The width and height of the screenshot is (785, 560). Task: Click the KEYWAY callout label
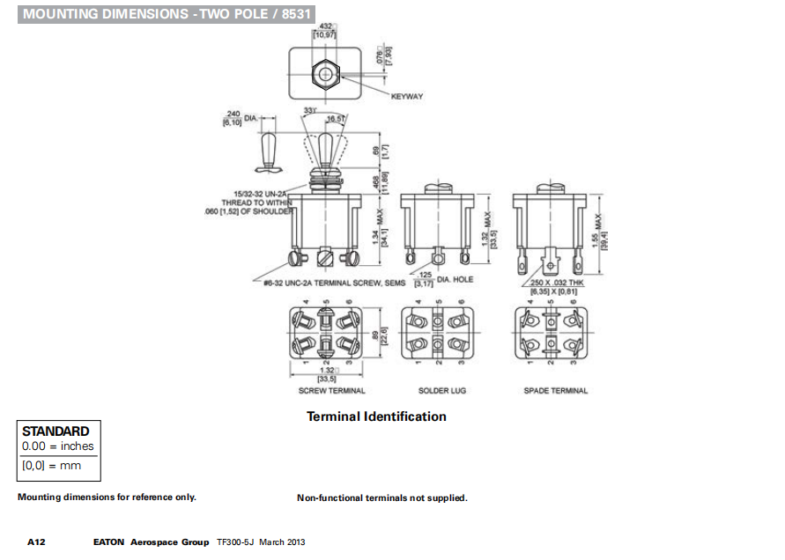[x=407, y=96]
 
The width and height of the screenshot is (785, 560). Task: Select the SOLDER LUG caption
[x=442, y=390]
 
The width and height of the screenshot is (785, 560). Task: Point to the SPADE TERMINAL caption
[x=555, y=390]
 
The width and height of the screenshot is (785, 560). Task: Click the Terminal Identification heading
[x=376, y=416]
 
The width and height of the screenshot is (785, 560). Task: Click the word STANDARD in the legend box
[x=56, y=431]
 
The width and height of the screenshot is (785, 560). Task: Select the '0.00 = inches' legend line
[x=58, y=446]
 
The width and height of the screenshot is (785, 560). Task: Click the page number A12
[x=36, y=542]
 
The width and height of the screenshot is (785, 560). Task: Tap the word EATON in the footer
[x=110, y=542]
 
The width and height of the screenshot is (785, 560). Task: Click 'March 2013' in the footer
[x=283, y=542]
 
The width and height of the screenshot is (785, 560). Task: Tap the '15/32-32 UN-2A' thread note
[x=263, y=193]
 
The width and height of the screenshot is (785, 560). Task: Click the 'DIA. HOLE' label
[x=455, y=279]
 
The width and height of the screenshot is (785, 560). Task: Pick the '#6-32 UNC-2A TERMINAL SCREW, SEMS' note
[x=334, y=284]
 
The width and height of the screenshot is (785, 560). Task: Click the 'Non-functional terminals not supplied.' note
[x=382, y=498]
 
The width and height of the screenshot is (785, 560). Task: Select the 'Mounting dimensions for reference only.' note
[x=107, y=497]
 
